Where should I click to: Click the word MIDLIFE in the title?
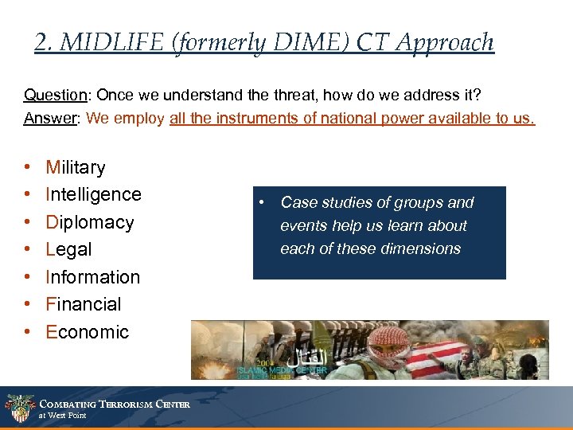coord(105,42)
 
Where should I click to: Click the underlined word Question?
coord(55,96)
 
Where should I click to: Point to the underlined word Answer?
coord(50,119)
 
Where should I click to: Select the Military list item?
coord(76,167)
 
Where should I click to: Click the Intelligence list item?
coord(93,194)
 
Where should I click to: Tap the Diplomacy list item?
coord(89,222)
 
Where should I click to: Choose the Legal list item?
coord(68,249)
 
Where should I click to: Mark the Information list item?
coord(92,277)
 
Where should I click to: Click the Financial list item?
coord(84,304)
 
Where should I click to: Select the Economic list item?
coord(87,332)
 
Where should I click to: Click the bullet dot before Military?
coord(28,167)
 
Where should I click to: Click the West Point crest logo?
coord(19,408)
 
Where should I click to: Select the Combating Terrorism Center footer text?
coord(115,405)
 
